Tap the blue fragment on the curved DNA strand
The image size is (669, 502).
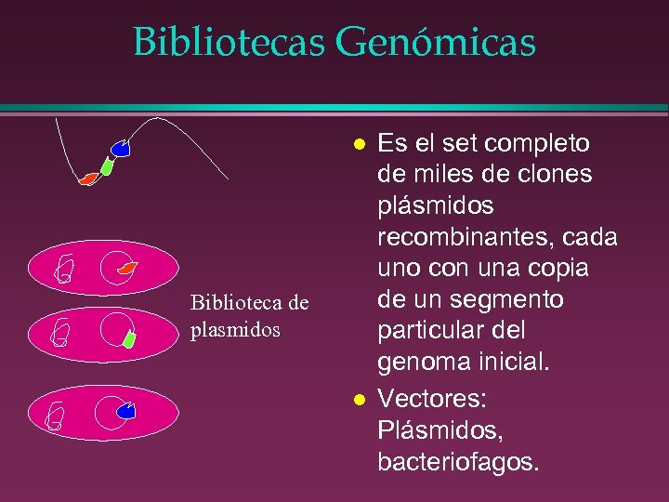click(x=121, y=148)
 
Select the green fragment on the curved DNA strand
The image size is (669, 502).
click(x=107, y=166)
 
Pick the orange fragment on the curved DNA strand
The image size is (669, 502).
click(x=88, y=178)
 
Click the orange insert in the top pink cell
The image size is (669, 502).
click(x=127, y=269)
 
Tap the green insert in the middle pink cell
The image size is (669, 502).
click(x=130, y=338)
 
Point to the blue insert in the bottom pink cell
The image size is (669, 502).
click(x=127, y=410)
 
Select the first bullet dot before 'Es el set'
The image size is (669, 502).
click(x=358, y=145)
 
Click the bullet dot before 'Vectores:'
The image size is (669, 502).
click(x=358, y=400)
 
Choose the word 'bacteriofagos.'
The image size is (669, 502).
click(x=457, y=462)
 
